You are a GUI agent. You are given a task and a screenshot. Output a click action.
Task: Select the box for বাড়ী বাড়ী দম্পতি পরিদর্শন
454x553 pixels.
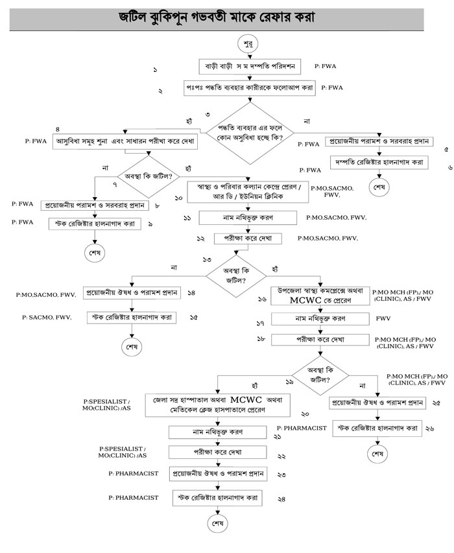247,66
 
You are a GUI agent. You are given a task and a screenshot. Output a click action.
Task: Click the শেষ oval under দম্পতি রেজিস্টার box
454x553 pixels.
378,187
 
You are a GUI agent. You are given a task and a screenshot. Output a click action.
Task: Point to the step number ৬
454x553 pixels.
450,167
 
